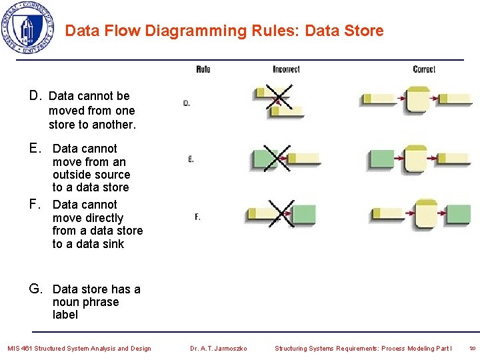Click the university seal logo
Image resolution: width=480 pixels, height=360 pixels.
click(27, 28)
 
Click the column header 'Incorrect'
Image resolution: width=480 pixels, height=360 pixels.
click(286, 69)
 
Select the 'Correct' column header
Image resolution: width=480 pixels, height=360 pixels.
click(424, 69)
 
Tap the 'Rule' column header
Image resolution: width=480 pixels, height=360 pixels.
click(203, 69)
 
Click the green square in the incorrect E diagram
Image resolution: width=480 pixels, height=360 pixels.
click(263, 159)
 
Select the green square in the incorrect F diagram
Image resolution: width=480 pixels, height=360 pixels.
click(303, 215)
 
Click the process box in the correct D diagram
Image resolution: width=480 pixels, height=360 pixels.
click(417, 100)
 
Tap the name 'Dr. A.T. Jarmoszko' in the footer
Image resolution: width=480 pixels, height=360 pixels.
click(218, 348)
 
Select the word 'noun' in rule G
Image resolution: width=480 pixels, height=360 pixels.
click(66, 302)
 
